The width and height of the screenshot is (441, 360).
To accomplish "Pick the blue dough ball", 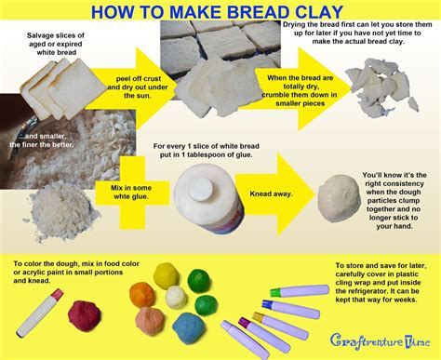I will (187, 327).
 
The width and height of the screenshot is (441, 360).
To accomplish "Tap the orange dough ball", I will (149, 320).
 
